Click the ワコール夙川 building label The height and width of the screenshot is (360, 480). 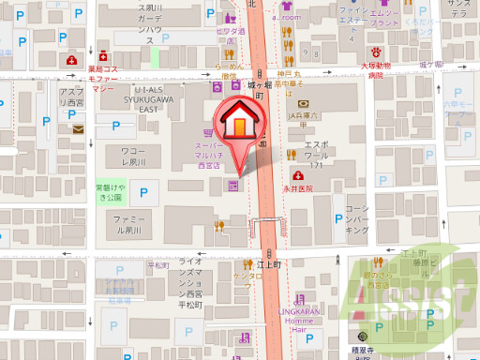(x=134, y=156)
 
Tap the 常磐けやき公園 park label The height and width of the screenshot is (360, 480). (x=109, y=193)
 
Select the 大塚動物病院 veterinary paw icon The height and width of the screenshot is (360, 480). (x=375, y=52)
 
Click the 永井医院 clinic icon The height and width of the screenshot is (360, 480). (x=296, y=174)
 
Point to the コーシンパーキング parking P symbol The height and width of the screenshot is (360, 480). (x=337, y=219)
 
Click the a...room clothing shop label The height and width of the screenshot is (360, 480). (x=282, y=17)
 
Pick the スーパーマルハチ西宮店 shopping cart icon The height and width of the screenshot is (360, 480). (x=212, y=132)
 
